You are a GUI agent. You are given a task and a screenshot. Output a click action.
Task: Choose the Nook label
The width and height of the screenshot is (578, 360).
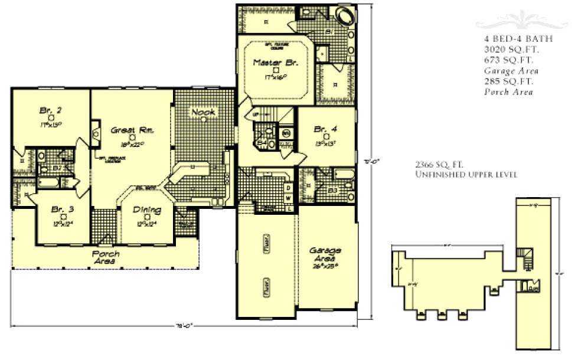coord(203,112)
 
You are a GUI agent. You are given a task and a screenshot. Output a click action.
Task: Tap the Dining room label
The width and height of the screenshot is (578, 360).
coord(143,209)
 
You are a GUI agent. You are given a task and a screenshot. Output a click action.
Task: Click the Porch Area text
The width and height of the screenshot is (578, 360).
coord(106,257)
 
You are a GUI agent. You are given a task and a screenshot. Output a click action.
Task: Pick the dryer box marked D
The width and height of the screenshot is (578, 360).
coord(288,187)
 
